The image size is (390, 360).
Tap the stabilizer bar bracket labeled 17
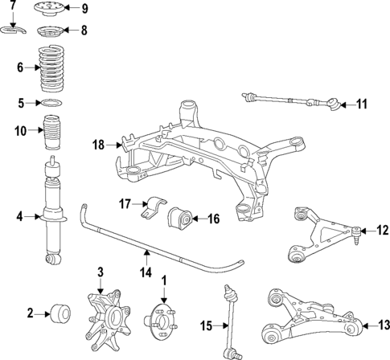tap(152, 208)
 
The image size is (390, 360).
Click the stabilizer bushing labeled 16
tap(181, 217)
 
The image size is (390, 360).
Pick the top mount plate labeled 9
tap(51, 10)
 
